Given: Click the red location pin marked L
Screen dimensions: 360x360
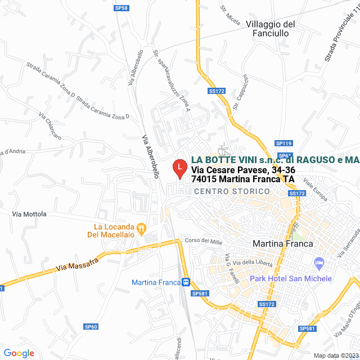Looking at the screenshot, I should tap(179, 168).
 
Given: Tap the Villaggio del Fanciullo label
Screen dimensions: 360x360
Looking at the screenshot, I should tap(271, 29).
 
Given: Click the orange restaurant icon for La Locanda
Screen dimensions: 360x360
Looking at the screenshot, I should tap(142, 229).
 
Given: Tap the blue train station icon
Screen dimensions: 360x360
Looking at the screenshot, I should tap(186, 282).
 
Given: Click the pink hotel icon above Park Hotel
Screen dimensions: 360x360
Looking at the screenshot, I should tap(319, 263).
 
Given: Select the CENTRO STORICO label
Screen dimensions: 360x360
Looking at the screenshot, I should tap(232, 192).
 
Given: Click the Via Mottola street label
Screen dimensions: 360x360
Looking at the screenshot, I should tap(29, 214).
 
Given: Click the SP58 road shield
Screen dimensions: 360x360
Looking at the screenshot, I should tap(121, 8).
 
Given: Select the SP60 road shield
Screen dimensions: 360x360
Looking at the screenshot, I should tap(91, 326).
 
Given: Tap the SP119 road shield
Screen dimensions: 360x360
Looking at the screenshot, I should tap(284, 144).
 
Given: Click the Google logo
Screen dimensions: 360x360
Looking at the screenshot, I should tap(19, 353).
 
